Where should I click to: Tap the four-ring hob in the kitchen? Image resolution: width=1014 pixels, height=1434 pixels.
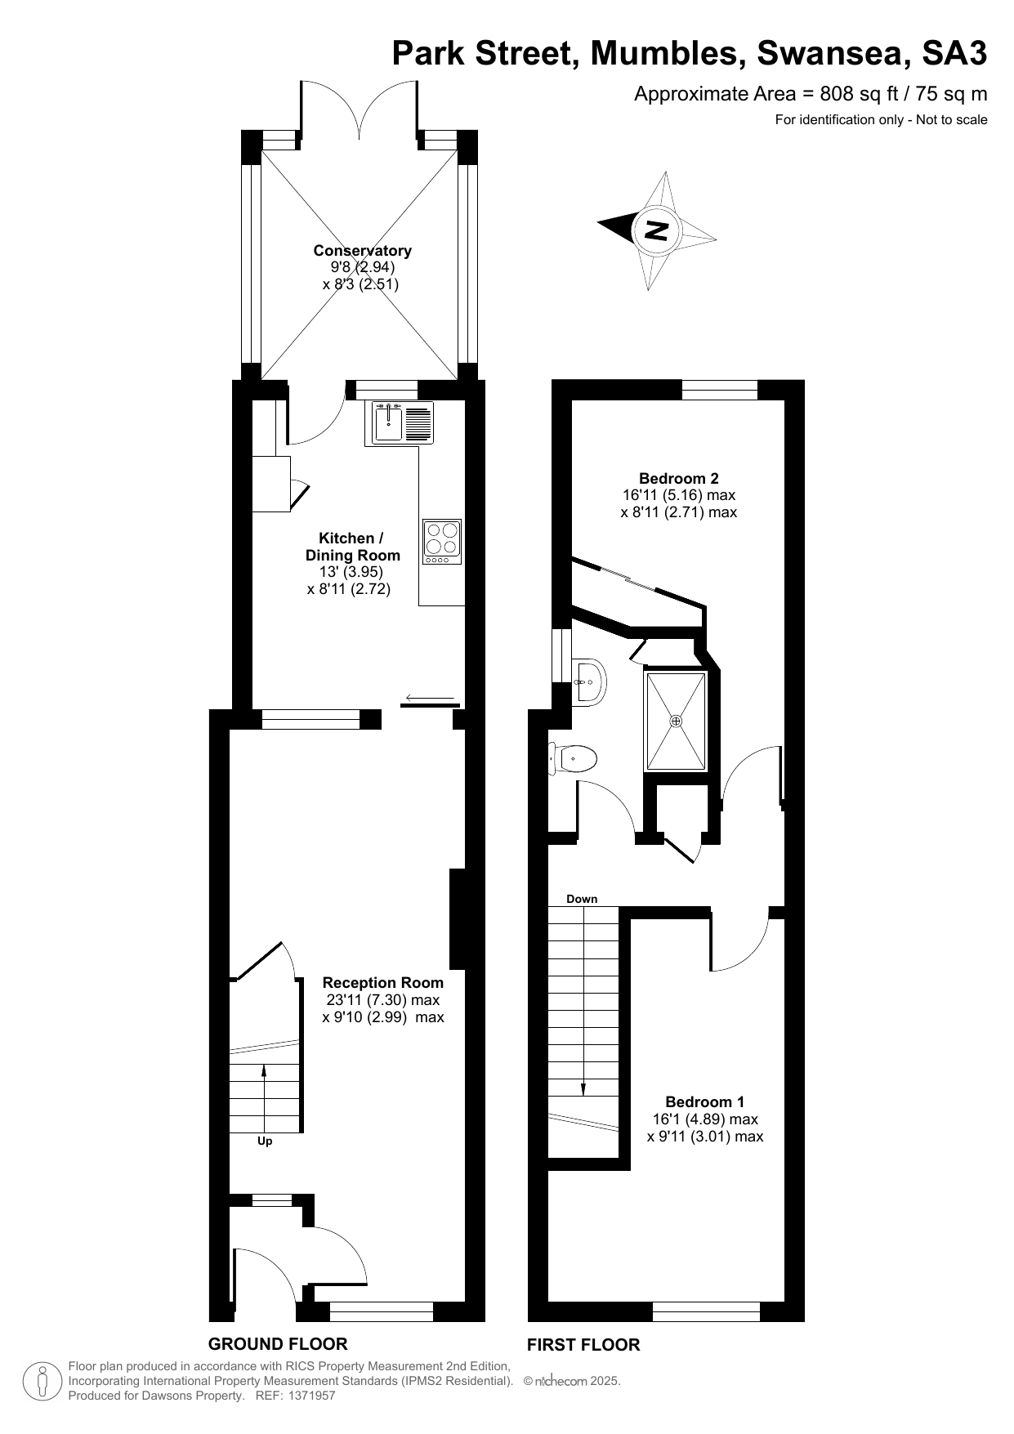tap(442, 541)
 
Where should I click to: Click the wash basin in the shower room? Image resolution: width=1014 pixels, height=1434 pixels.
tap(588, 681)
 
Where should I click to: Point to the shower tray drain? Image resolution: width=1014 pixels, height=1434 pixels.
tap(676, 721)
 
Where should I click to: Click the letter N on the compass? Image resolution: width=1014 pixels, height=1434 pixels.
tap(655, 230)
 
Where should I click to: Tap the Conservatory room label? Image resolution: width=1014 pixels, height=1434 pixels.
tap(362, 251)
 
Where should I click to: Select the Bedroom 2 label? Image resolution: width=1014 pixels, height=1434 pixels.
tap(679, 478)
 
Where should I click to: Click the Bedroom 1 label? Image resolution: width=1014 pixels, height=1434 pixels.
tap(705, 1101)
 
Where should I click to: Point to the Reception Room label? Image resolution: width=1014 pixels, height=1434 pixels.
tap(383, 982)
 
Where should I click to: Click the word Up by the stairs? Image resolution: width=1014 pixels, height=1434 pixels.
tap(265, 1141)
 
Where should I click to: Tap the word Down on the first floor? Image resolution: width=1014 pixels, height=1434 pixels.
tap(582, 899)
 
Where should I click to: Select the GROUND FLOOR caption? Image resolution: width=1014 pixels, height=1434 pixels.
tap(278, 1344)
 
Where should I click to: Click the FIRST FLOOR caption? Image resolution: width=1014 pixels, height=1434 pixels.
tap(583, 1345)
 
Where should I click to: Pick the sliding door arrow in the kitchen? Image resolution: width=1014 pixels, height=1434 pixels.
tap(428, 698)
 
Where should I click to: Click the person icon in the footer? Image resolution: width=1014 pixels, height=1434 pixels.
tap(42, 1382)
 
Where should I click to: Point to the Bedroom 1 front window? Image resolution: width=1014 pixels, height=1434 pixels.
tap(706, 1311)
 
